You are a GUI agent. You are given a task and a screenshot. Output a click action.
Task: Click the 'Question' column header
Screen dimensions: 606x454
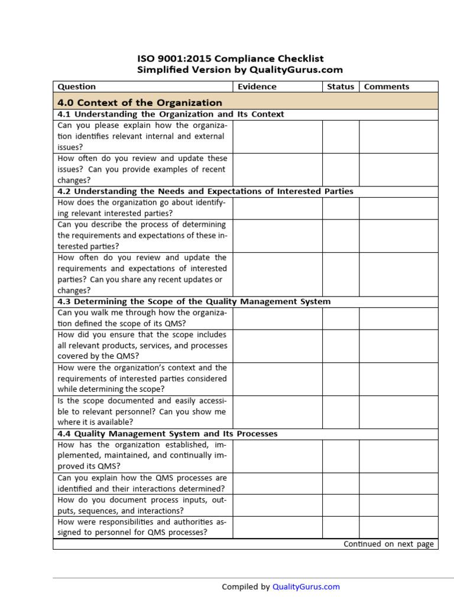(x=76, y=86)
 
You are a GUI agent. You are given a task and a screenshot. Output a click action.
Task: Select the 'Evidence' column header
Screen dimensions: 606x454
(x=257, y=86)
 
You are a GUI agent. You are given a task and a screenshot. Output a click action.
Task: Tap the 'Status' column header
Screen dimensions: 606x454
(x=340, y=86)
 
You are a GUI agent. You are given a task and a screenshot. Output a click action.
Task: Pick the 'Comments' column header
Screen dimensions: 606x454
(x=386, y=86)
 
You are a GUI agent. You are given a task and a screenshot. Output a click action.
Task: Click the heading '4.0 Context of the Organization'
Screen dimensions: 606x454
(x=140, y=102)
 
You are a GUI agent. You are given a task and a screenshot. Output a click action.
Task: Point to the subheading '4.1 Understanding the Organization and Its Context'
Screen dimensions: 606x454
(x=170, y=114)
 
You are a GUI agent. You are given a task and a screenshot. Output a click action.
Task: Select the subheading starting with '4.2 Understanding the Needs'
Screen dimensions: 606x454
(x=205, y=191)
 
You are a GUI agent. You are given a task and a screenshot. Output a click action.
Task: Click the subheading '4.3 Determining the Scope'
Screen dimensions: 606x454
(x=194, y=301)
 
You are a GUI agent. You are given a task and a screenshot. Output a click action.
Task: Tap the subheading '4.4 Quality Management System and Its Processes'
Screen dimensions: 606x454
(x=167, y=434)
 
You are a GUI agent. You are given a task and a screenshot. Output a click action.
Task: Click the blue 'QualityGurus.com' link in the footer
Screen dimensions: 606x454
(x=306, y=586)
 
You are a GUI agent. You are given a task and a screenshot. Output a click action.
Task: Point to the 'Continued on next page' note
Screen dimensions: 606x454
(x=388, y=544)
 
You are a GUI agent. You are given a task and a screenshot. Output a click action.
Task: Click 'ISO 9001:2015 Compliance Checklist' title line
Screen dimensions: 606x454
(x=231, y=59)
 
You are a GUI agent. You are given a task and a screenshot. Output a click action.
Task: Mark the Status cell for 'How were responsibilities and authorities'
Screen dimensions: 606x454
(x=340, y=527)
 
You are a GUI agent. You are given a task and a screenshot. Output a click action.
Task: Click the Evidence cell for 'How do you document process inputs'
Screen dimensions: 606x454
(x=277, y=505)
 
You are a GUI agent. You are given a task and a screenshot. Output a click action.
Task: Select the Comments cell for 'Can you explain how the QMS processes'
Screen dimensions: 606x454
(x=398, y=483)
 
